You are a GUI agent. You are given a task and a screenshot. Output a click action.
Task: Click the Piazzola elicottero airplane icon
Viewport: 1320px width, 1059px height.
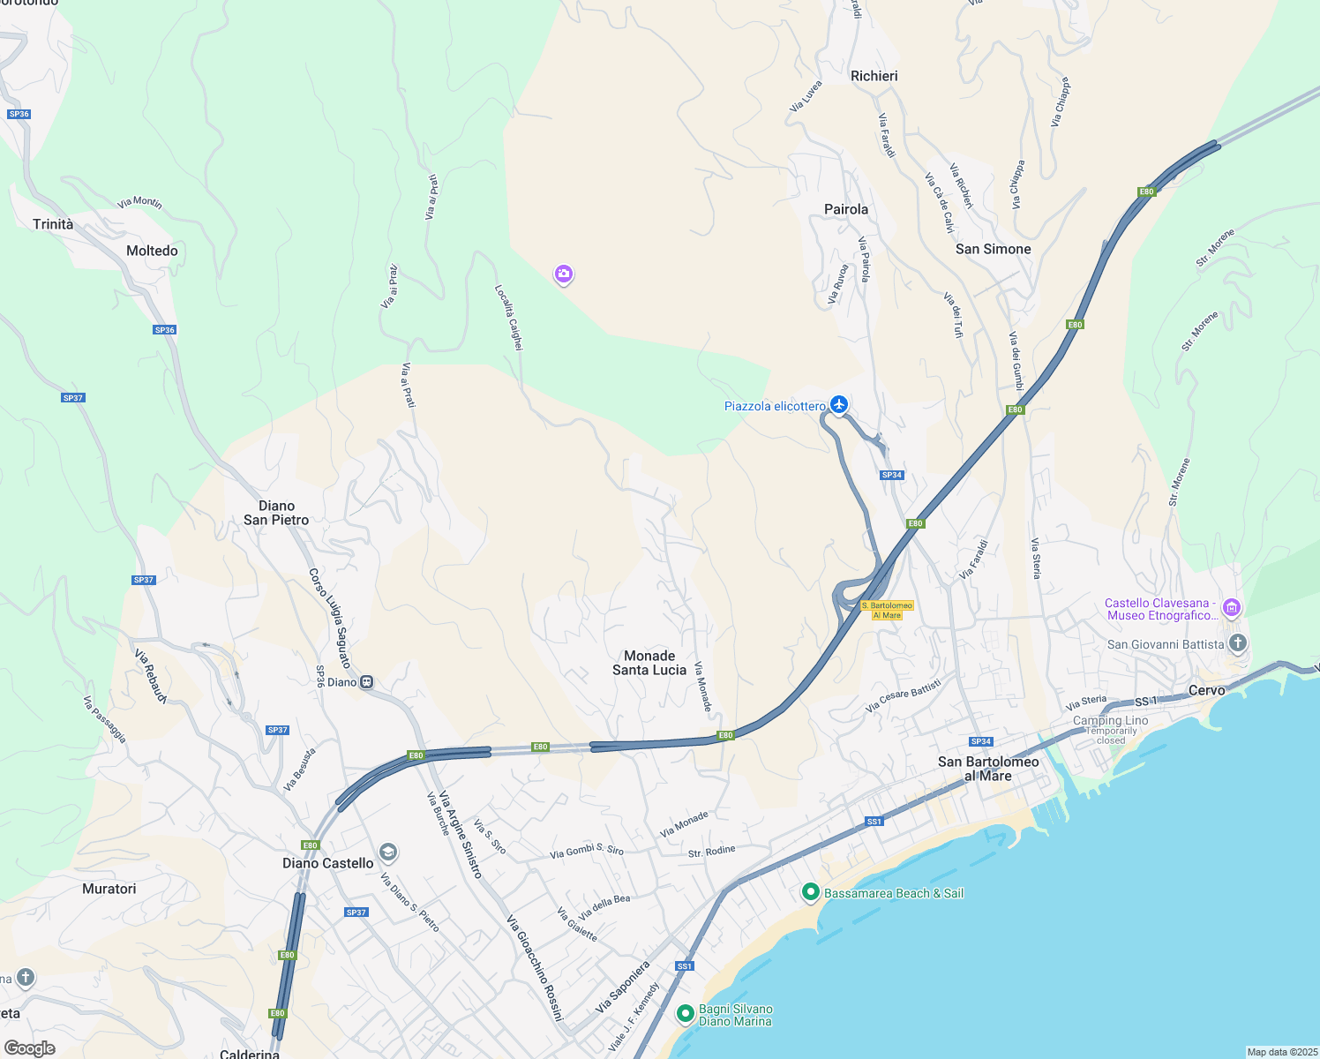[838, 404]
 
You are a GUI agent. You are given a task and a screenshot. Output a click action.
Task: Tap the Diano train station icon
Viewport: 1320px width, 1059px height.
[366, 682]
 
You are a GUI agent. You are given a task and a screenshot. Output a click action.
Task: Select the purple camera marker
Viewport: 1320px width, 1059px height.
[563, 274]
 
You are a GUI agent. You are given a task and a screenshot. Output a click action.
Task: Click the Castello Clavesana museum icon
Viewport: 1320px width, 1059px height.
[1232, 607]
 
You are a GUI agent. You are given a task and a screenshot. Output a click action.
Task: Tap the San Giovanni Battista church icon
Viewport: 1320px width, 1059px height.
[1238, 642]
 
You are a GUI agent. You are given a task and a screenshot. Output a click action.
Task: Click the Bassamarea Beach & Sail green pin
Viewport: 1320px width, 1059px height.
[810, 892]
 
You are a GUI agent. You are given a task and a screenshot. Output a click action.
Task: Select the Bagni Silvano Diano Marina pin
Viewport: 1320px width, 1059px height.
[686, 1014]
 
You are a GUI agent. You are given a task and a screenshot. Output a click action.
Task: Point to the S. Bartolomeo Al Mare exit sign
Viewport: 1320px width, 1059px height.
[887, 610]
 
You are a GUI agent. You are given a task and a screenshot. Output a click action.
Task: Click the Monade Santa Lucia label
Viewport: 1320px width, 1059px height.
[649, 663]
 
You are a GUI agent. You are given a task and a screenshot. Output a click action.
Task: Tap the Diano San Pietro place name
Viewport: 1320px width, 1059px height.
[276, 513]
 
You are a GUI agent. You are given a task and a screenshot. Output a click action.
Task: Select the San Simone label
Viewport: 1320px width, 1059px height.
[993, 249]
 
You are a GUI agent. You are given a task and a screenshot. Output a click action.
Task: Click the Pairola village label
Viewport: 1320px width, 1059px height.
[845, 209]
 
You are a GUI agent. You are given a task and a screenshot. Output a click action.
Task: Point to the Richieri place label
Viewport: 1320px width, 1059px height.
[874, 76]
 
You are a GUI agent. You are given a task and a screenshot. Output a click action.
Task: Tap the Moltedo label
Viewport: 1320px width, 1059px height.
[152, 251]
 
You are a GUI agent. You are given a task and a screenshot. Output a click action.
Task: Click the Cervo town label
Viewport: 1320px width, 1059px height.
[1206, 690]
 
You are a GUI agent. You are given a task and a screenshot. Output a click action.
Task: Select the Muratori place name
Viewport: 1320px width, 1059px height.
[109, 889]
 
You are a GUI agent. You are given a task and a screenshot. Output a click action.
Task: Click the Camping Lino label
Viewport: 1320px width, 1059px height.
[1110, 721]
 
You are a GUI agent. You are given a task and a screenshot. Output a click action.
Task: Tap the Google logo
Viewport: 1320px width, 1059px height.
[30, 1048]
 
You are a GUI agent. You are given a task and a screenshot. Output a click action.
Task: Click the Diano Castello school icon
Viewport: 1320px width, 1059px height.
[387, 852]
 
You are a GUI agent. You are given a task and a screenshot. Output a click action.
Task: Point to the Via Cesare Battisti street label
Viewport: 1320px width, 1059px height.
[903, 695]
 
